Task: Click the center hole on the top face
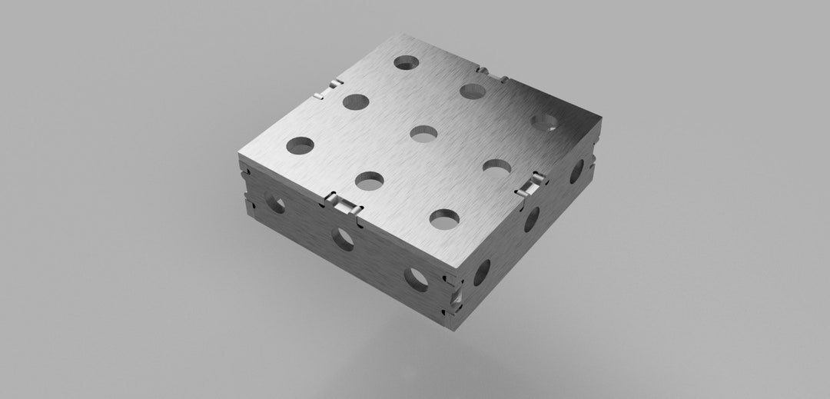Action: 423,134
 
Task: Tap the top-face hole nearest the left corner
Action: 300,145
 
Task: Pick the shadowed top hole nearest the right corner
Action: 545,121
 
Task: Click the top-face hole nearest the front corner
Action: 443,219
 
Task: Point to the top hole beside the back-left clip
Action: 355,101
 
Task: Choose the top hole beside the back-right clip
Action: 472,91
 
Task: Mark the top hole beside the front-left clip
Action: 370,181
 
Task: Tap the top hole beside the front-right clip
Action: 497,167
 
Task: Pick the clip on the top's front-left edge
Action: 342,203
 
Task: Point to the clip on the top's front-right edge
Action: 530,185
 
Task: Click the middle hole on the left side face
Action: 343,238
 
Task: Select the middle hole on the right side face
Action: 532,218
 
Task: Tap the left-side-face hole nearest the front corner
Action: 419,278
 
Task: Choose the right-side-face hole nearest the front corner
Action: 482,271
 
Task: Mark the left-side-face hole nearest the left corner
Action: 274,202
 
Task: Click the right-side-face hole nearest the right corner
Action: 576,171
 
